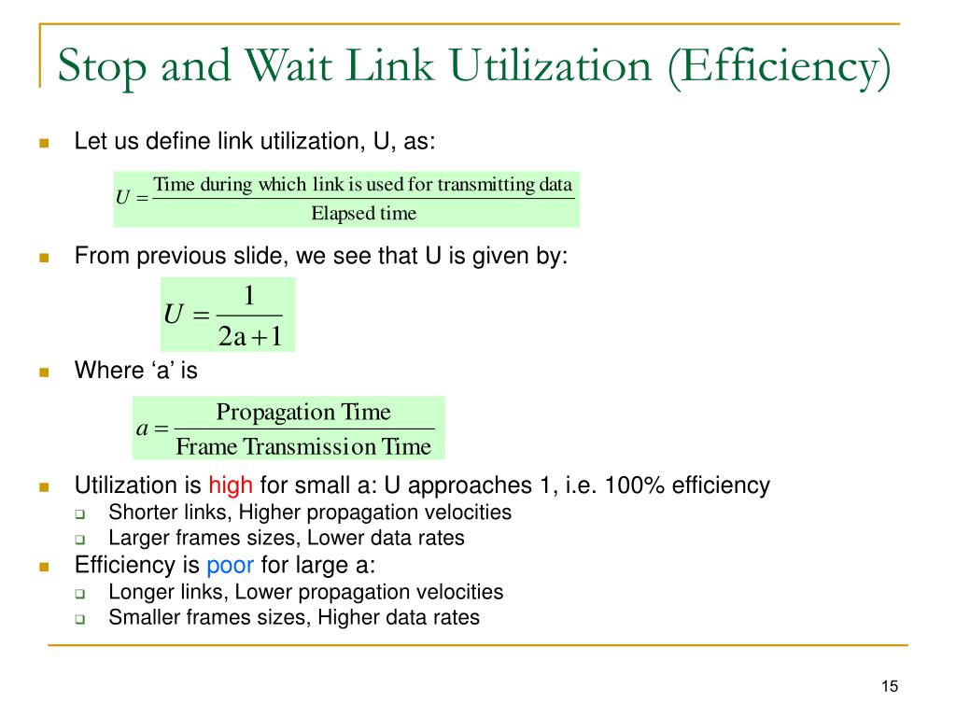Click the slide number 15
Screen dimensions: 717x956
pyautogui.click(x=889, y=687)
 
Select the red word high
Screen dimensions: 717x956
pyautogui.click(x=231, y=485)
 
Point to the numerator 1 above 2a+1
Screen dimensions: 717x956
pyautogui.click(x=249, y=297)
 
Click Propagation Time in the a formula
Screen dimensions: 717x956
pyautogui.click(x=303, y=412)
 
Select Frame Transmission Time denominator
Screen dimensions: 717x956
pyautogui.click(x=303, y=447)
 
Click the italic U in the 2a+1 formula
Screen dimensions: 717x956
pyautogui.click(x=173, y=315)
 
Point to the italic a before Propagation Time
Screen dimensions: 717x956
pyautogui.click(x=143, y=429)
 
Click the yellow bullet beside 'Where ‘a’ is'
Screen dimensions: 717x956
pyautogui.click(x=43, y=373)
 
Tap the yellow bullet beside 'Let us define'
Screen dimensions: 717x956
pyautogui.click(x=43, y=144)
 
